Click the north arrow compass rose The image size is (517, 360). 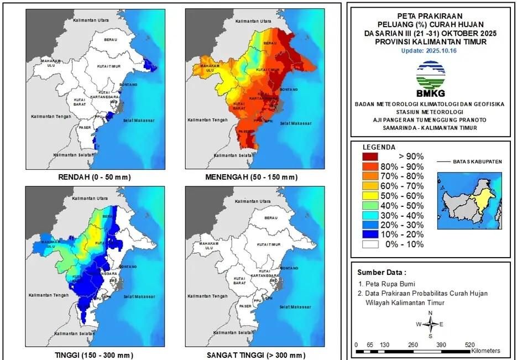[431, 325]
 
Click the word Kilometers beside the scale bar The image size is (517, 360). [486, 351]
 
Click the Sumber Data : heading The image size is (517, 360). [381, 272]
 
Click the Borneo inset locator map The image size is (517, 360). [469, 200]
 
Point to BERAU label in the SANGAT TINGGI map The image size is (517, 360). [271, 218]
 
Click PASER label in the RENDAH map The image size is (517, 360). [85, 127]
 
